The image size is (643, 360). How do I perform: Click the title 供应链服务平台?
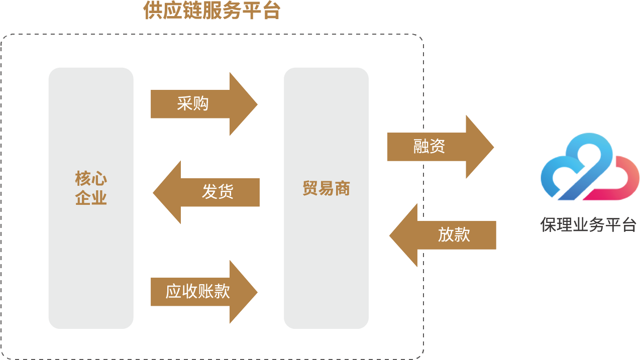211,11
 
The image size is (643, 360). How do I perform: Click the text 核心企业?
91,188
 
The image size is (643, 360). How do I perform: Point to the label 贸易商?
326,189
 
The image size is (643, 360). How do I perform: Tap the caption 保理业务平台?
588,224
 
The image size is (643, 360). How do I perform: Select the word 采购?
192,104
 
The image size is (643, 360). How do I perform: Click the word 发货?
218,192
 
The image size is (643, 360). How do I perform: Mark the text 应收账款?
197,292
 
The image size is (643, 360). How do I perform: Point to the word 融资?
429,147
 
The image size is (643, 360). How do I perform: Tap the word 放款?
454,235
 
